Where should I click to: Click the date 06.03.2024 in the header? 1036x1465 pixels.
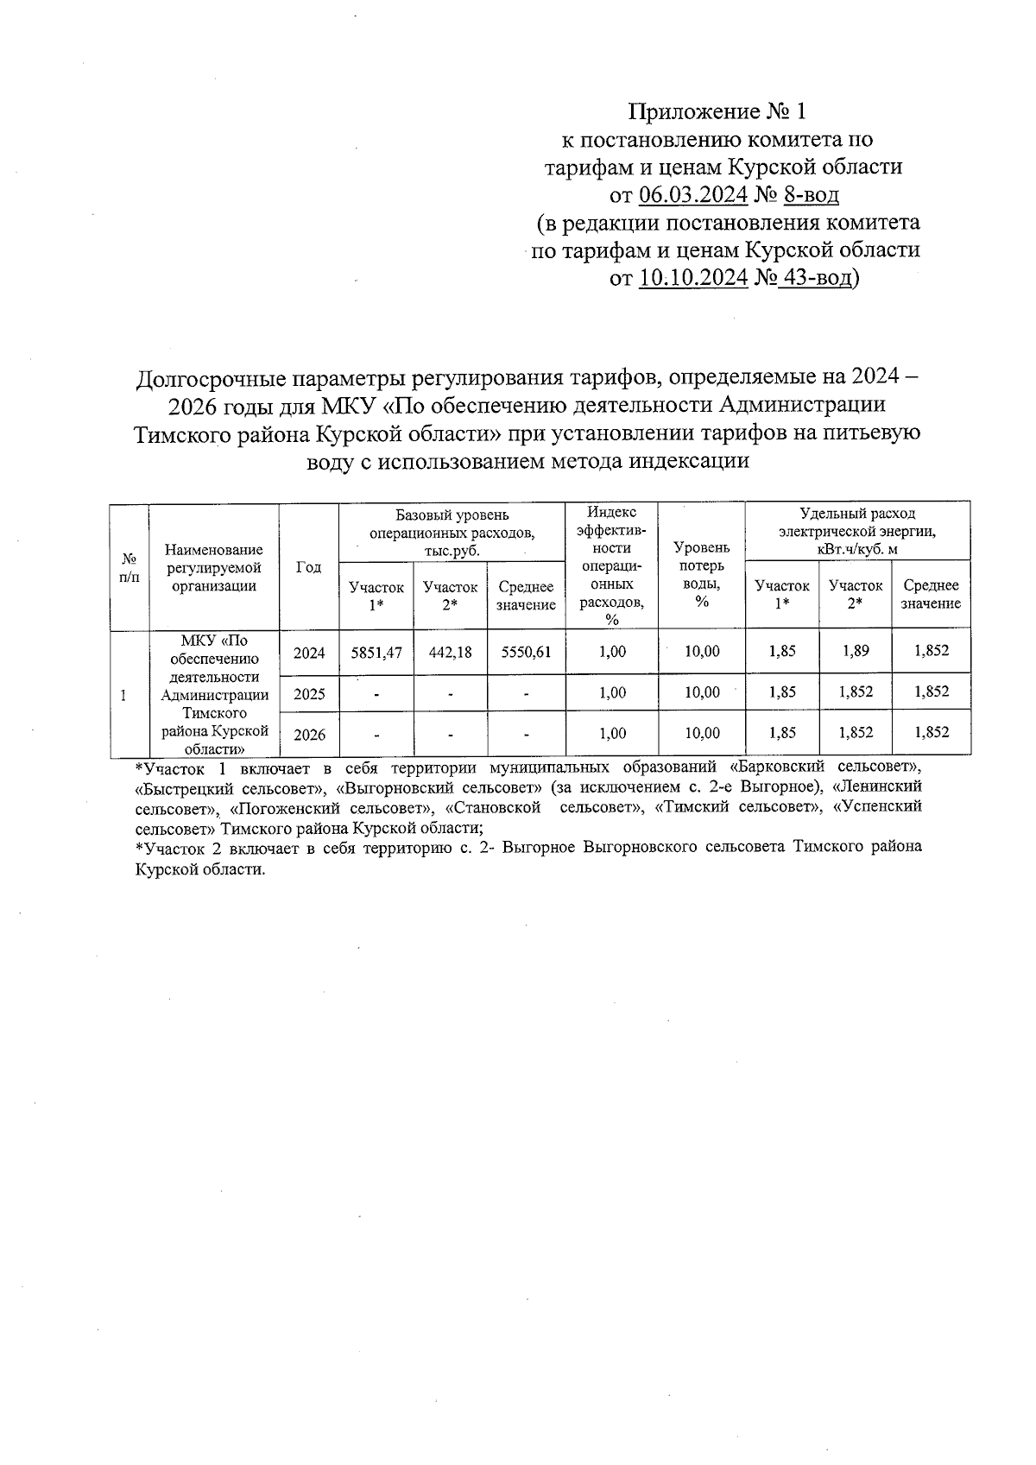tap(693, 195)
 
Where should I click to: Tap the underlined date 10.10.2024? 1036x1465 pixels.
tap(693, 278)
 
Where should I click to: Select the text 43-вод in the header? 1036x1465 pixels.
tap(815, 278)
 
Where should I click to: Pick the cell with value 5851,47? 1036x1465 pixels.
tap(376, 653)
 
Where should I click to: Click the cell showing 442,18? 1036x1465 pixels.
tap(450, 653)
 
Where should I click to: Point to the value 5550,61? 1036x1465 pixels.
tap(526, 653)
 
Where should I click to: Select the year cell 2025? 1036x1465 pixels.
tap(309, 693)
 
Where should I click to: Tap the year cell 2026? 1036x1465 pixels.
tap(309, 734)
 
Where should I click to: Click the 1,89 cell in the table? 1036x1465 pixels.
tap(856, 651)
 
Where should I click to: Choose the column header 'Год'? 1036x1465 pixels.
tap(308, 566)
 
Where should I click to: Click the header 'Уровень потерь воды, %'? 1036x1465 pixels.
tap(701, 574)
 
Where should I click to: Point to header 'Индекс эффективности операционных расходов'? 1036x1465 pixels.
tap(611, 565)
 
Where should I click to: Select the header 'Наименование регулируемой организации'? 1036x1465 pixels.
tap(214, 567)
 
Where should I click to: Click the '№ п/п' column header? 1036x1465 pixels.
tap(129, 567)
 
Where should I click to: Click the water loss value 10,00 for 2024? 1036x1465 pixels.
tap(701, 652)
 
